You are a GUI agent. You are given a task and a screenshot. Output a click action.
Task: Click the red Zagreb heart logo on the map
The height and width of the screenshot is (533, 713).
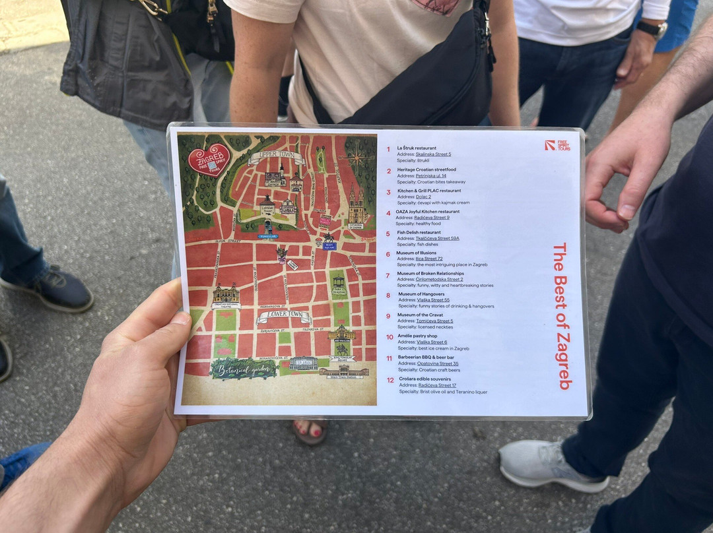[209, 160]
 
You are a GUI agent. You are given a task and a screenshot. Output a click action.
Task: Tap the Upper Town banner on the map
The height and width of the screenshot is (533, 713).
[276, 158]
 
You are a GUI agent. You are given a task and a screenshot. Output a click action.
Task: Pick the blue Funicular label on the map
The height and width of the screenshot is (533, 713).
[268, 235]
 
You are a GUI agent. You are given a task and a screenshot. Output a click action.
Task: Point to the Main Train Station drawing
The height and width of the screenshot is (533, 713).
[344, 372]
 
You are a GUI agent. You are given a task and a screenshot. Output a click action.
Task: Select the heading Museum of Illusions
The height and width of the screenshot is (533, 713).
[416, 253]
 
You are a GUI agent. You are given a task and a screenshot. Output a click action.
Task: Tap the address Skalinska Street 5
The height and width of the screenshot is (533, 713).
[433, 154]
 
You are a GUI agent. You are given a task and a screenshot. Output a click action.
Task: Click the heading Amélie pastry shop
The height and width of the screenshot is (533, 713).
[422, 336]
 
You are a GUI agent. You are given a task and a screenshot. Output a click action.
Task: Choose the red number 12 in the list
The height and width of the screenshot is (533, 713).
[390, 380]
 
